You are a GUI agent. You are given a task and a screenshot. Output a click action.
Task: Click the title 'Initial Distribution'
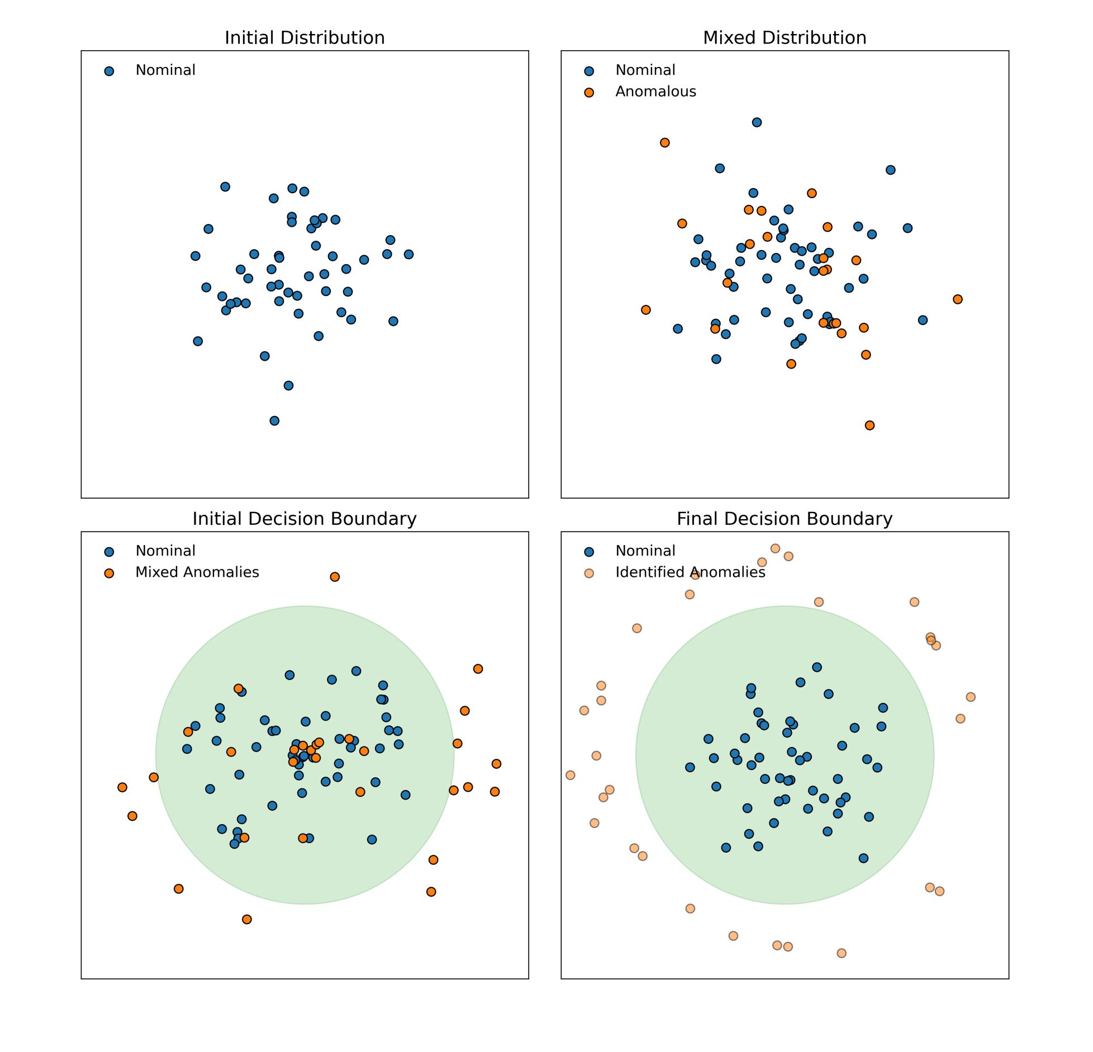[x=305, y=37]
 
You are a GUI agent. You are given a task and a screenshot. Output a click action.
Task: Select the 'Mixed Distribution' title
[x=785, y=37]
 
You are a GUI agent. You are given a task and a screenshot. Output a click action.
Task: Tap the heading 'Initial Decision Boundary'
[x=305, y=519]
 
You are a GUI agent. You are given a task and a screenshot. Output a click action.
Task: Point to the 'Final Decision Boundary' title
[x=785, y=519]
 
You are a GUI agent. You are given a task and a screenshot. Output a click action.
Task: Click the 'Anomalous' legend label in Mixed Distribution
[x=655, y=92]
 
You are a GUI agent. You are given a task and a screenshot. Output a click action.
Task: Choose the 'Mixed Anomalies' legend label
[x=197, y=572]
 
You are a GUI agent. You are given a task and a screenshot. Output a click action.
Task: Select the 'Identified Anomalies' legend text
[x=690, y=572]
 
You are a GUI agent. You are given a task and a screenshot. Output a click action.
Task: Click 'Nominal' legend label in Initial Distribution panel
[x=165, y=70]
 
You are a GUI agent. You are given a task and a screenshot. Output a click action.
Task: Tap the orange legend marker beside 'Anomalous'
[x=589, y=93]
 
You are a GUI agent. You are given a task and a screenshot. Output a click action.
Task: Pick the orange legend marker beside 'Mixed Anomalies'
[x=109, y=573]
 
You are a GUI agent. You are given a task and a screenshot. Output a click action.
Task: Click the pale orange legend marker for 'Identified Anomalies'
[x=589, y=573]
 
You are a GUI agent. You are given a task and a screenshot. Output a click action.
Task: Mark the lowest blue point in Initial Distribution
[x=274, y=421]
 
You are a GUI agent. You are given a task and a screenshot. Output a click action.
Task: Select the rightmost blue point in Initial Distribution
[x=408, y=255]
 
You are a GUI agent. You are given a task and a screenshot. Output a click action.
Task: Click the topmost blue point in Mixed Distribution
[x=757, y=122]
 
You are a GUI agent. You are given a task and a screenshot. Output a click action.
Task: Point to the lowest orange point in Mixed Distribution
[x=869, y=425]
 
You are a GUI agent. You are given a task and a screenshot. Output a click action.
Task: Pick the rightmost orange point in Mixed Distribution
[x=958, y=299]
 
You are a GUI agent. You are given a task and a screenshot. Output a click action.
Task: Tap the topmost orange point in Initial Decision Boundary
[x=335, y=577]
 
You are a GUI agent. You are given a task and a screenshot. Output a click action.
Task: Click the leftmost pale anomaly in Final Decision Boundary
[x=571, y=775]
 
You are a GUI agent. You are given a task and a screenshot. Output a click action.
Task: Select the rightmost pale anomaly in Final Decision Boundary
[x=971, y=697]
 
